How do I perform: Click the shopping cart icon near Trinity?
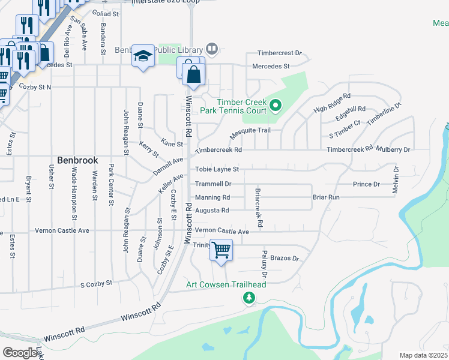(221, 249)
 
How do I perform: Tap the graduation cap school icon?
(143, 56)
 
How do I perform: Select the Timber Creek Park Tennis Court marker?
(276, 107)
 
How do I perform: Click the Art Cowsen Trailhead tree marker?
(248, 297)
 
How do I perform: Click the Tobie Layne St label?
(217, 170)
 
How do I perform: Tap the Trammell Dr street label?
(213, 184)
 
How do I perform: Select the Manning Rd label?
(212, 197)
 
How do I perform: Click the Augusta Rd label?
(212, 211)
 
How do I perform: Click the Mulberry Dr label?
(393, 149)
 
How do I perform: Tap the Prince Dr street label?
(366, 184)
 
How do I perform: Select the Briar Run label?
(326, 197)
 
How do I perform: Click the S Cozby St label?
(97, 283)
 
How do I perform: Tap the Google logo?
(20, 353)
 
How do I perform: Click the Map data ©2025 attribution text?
(424, 355)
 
